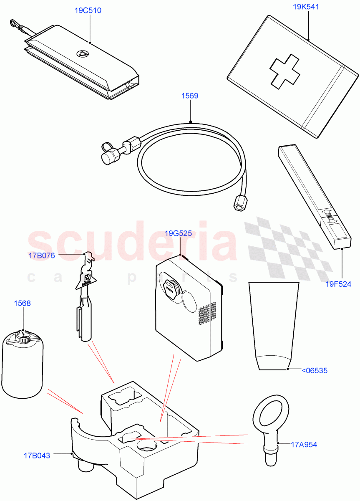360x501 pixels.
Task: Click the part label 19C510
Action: [x=88, y=10]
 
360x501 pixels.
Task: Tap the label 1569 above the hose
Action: [x=189, y=96]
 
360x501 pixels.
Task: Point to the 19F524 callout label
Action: [x=338, y=285]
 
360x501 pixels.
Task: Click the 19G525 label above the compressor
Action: [x=178, y=234]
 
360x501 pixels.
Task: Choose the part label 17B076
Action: [x=42, y=256]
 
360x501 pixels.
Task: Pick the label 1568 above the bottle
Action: [x=22, y=304]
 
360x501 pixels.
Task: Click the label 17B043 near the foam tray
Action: [x=37, y=455]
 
